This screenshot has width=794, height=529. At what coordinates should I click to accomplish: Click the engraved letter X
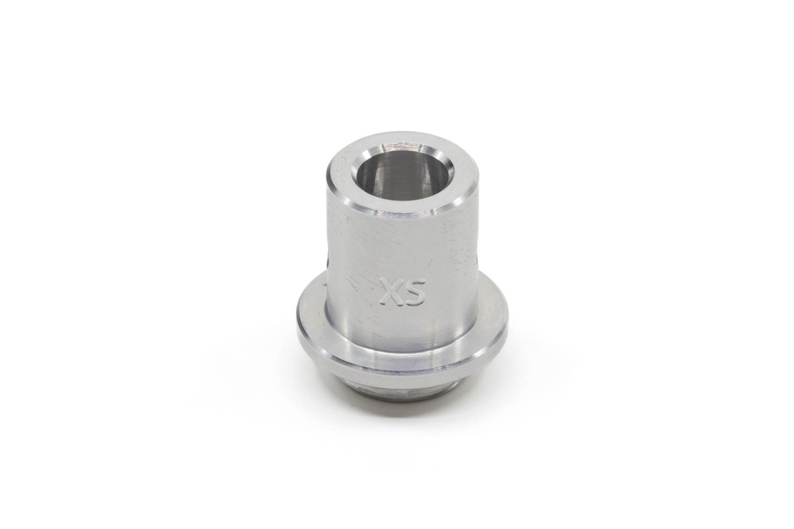point(391,293)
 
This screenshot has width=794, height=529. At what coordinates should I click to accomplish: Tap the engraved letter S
point(415,293)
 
